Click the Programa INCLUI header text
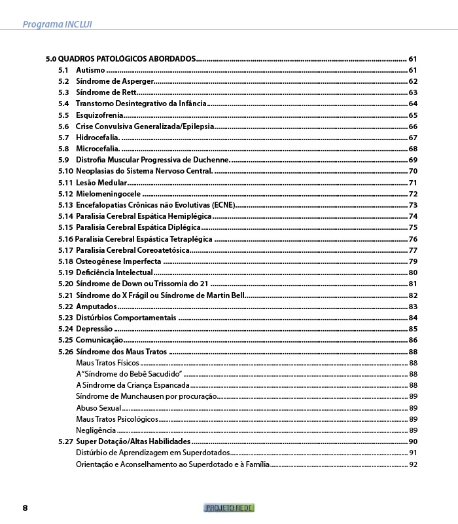click(x=57, y=24)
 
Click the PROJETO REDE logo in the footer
click(x=229, y=508)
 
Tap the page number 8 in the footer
click(x=25, y=508)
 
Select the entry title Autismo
click(x=90, y=70)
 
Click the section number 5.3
click(x=63, y=92)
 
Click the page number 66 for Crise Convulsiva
click(x=413, y=126)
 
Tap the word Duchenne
click(x=209, y=160)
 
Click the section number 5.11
click(x=65, y=183)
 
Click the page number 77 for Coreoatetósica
click(x=413, y=250)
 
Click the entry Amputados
click(x=96, y=307)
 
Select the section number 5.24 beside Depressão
click(x=65, y=329)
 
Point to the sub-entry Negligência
click(x=96, y=430)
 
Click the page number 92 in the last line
click(x=413, y=464)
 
